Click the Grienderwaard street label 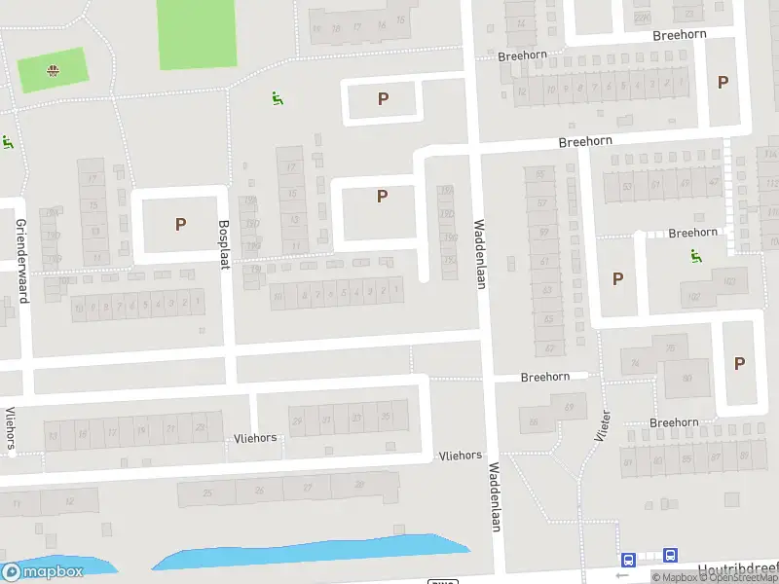point(21,260)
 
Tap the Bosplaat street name point(224,245)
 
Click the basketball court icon point(52,69)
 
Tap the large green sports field point(197,33)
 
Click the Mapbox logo point(43,572)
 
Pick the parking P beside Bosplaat point(180,224)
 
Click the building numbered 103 point(729,282)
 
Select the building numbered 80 point(686,379)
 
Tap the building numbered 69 point(569,406)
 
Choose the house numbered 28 point(360,485)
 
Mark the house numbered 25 point(207,493)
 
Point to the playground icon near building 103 point(695,256)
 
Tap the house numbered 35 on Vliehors point(386,417)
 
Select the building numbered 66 point(534,422)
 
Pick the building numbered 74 point(636,363)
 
